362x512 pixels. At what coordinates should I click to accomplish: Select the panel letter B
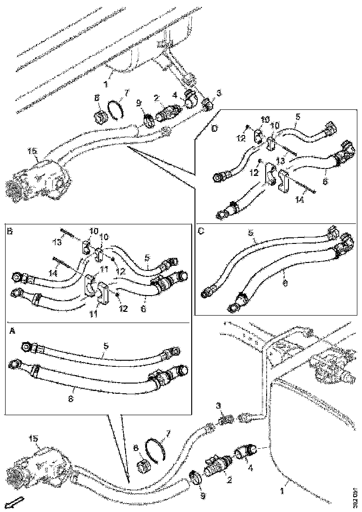coord(10,230)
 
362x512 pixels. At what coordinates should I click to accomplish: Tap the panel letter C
coord(201,229)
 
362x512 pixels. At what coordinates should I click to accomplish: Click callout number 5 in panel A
coord(107,345)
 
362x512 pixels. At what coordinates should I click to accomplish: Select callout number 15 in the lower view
coord(34,438)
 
